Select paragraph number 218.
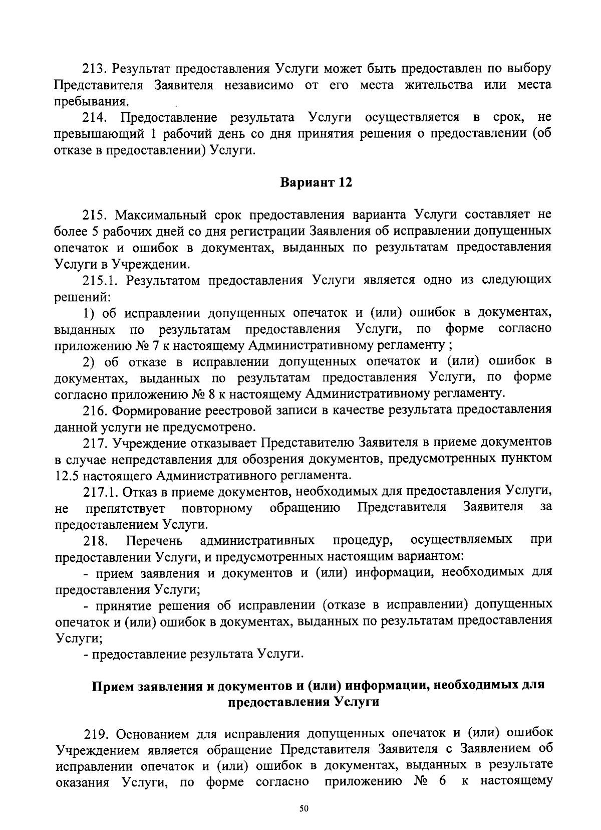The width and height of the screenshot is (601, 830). click(x=96, y=540)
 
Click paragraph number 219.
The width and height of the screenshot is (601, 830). click(x=95, y=734)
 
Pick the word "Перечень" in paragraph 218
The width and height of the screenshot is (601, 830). click(x=154, y=540)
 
